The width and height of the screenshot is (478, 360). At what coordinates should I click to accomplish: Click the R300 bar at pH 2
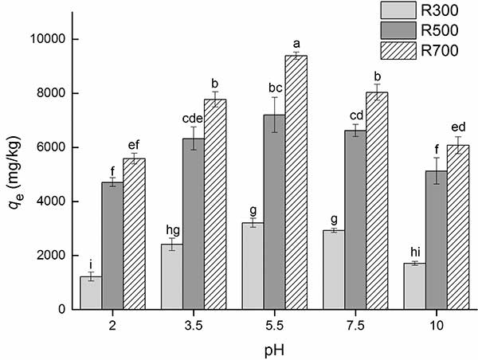[91, 292]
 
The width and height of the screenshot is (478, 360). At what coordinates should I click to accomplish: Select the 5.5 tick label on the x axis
[274, 324]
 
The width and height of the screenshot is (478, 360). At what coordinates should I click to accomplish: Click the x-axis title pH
[274, 348]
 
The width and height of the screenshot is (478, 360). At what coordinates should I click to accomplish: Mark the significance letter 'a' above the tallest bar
[296, 43]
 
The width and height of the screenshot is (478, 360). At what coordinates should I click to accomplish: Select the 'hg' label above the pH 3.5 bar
[171, 228]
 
